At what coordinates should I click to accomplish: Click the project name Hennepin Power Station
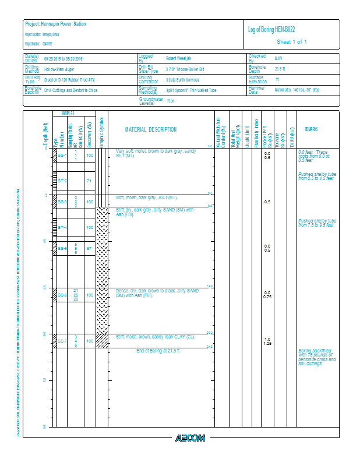coord(55,24)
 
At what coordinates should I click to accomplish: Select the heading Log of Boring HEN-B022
coord(275,29)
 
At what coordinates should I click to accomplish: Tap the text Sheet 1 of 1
coord(291,42)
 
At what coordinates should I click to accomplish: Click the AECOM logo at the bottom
coord(190,437)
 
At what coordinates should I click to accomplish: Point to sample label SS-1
coord(62,156)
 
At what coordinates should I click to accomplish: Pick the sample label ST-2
coord(62,181)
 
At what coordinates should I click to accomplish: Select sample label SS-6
coord(62,295)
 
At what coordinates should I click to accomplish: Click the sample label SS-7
coord(62,341)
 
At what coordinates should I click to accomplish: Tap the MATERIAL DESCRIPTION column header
coord(151,129)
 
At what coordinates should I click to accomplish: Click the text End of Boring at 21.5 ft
coord(158,351)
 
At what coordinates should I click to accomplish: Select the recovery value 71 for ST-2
coord(89,181)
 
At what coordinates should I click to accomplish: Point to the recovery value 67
coord(89,249)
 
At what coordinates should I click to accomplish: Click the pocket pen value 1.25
coord(267,344)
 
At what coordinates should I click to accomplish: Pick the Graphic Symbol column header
coord(101,129)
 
